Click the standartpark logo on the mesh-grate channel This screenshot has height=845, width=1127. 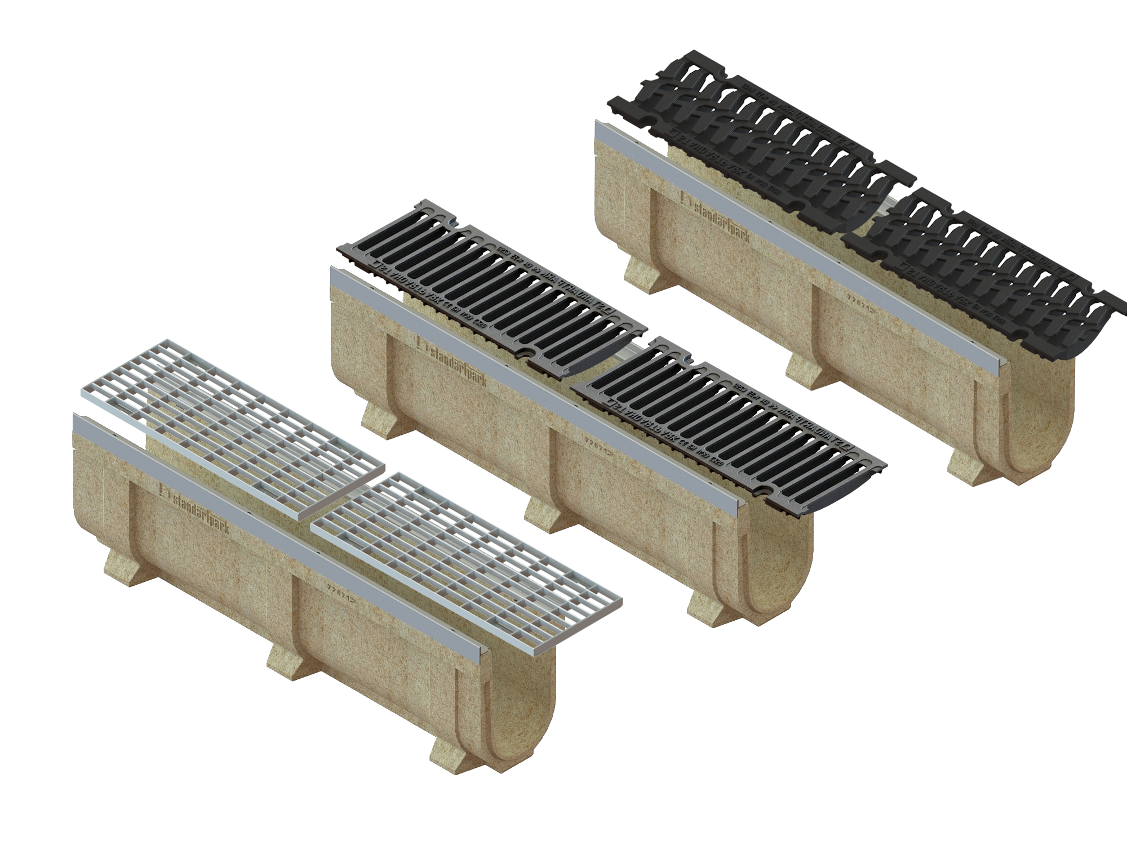point(195,508)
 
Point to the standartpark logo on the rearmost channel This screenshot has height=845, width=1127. point(716,217)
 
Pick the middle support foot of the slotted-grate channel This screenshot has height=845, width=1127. point(544,516)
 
